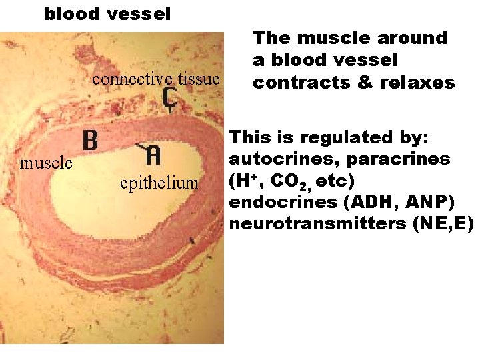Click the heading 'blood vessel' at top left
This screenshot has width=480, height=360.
tap(107, 13)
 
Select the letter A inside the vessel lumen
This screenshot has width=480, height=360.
tap(153, 155)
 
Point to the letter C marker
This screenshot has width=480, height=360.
tap(169, 99)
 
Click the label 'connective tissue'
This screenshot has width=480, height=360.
tap(156, 80)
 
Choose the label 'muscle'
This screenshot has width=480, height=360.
tap(46, 163)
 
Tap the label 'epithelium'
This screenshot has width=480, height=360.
tap(159, 183)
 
